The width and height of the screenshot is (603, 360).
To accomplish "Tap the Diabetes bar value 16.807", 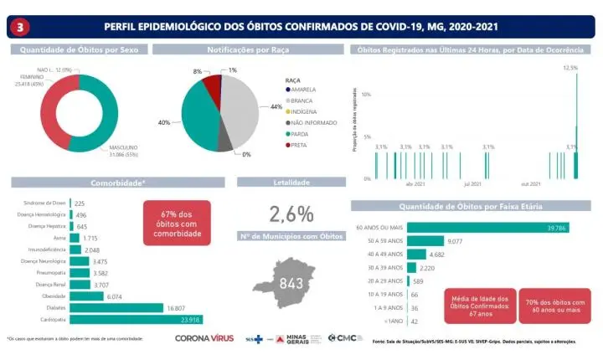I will click(175, 307).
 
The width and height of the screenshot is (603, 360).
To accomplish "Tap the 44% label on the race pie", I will click(276, 107).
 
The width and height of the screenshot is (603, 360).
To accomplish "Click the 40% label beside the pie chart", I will click(164, 122).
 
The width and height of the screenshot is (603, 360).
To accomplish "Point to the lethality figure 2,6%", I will click(291, 213).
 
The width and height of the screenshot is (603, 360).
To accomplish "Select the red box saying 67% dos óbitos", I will click(178, 221).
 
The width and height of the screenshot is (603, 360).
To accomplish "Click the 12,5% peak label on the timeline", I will click(570, 68).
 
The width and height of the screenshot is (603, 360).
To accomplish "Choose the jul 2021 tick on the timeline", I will click(472, 183).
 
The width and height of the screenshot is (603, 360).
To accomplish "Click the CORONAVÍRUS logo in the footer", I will click(204, 338).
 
